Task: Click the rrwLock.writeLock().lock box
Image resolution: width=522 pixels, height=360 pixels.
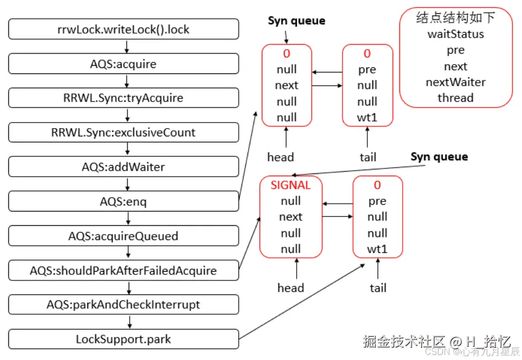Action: [x=124, y=29]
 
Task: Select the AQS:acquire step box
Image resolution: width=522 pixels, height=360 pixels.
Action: [x=124, y=64]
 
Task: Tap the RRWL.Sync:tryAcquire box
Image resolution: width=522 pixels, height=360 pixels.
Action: [x=124, y=98]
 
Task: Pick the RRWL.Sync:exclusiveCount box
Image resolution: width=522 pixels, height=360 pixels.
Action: [x=124, y=133]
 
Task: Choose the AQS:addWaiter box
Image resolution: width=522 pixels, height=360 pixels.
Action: [x=124, y=167]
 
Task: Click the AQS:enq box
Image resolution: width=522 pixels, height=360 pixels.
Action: [x=124, y=202]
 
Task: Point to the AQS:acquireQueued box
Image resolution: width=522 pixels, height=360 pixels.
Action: [x=124, y=236]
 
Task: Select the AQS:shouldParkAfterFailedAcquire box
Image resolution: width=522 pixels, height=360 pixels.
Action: [x=124, y=271]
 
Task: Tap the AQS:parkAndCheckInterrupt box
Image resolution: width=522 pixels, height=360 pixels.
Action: [x=124, y=305]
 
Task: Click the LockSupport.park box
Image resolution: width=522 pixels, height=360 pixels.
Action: [x=124, y=339]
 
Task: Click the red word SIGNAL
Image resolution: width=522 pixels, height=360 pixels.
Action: [x=291, y=186]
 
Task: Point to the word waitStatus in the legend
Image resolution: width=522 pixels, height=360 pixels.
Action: [x=456, y=34]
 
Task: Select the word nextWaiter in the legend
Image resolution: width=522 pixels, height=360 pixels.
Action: [x=456, y=82]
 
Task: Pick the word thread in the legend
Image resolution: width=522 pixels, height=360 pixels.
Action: [x=456, y=98]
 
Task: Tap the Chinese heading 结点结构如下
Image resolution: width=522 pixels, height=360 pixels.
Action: [x=456, y=18]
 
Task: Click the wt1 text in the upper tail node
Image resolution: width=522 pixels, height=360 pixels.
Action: [x=367, y=118]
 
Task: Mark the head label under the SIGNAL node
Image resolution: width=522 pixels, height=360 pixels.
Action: [x=291, y=288]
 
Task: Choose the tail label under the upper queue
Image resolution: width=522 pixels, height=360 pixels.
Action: [x=368, y=157]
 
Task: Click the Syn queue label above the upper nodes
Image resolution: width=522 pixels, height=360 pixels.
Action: [x=297, y=21]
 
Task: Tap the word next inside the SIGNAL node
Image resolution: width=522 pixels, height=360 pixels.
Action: [x=291, y=217]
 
